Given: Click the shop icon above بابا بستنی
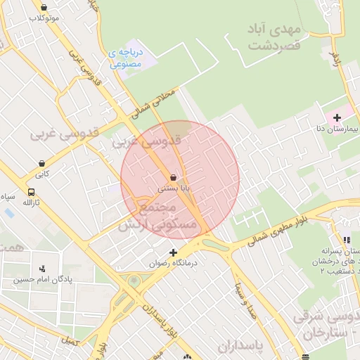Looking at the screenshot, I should point(173,178).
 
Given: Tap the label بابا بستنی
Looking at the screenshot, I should point(173,188).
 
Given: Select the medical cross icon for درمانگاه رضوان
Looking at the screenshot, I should point(173,252).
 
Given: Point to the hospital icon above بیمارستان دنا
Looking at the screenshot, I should point(337,117).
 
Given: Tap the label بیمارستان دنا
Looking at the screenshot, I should point(338,129).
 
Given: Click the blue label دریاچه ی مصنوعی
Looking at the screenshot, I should point(127,58).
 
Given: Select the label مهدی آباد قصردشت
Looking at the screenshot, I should point(274,37).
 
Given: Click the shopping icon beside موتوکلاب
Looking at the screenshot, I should point(44,7).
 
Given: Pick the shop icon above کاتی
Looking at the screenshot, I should point(43,163).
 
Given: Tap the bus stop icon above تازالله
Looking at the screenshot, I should point(31,192).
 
